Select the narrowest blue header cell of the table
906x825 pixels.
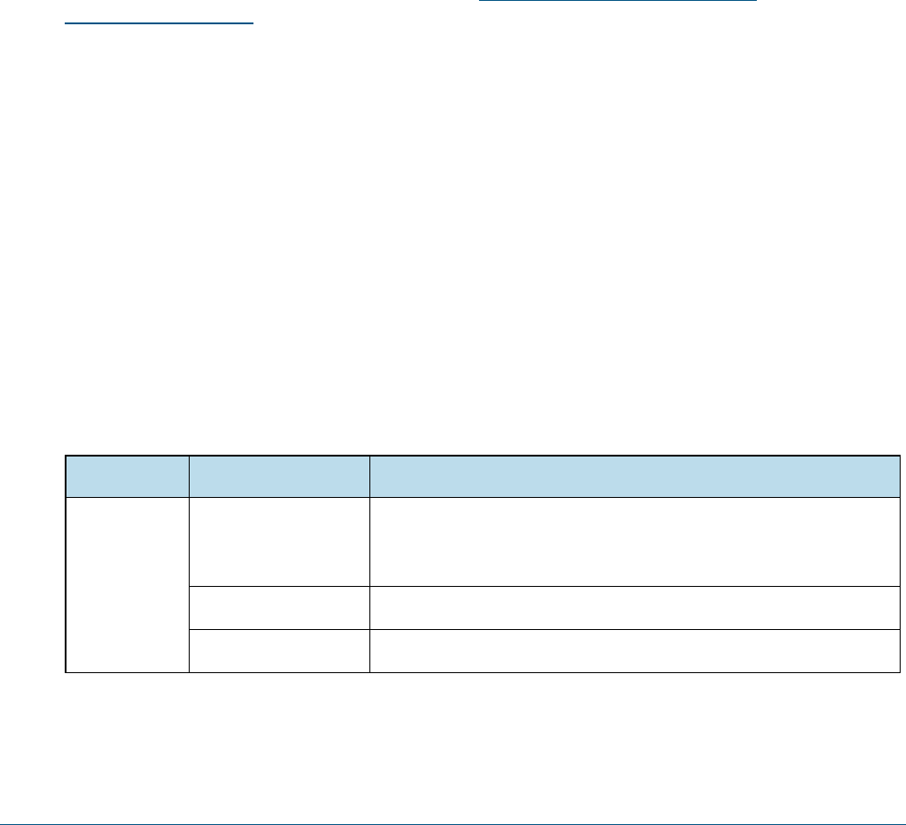tap(127, 476)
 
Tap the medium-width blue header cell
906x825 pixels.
tap(280, 476)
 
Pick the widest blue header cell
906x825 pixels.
tap(635, 476)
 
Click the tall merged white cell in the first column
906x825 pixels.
tap(127, 584)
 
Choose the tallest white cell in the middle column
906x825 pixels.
tap(280, 542)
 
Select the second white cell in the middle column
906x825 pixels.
tap(280, 608)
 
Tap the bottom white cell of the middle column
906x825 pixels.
tap(280, 651)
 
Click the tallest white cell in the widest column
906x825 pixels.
tap(635, 542)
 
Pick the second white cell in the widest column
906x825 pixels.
tap(635, 608)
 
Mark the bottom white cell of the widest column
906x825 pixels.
tap(635, 651)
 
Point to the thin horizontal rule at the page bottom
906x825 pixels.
tap(453, 798)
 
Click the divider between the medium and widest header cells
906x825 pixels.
tap(369, 476)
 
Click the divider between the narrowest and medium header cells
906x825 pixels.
tap(189, 476)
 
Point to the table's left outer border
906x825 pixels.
tap(66, 584)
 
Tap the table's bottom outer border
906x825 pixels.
tap(453, 672)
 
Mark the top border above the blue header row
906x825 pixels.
tap(453, 457)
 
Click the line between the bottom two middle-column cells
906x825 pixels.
tap(280, 629)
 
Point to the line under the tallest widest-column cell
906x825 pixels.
tap(635, 586)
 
